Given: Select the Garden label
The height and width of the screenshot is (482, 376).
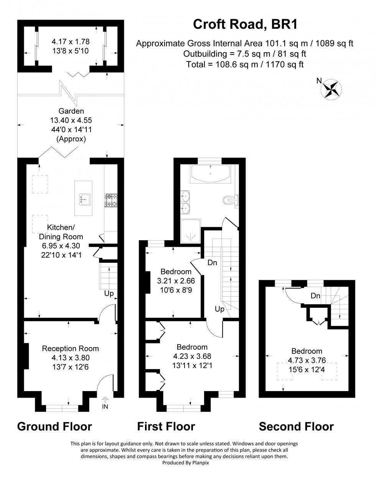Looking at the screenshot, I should pos(71,111).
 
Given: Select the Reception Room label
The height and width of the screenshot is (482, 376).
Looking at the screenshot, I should pos(70,348).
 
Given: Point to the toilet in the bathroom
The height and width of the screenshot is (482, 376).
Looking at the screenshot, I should pos(230,199).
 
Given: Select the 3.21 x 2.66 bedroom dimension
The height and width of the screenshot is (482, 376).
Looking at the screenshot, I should pos(176,281).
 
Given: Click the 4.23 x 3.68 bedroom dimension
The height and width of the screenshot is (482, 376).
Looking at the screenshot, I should pos(192,357).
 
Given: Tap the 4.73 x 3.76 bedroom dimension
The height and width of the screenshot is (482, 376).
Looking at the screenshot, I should pos(307,360).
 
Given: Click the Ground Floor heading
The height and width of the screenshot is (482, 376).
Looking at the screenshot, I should pos(54,426).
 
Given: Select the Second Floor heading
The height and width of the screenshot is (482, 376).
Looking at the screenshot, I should pos(296,426).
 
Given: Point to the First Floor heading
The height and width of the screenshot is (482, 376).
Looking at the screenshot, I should pos(166,426).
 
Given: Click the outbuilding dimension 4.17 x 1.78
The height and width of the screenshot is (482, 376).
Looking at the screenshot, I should pos(70,41).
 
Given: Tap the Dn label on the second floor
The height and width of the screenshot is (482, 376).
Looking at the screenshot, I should pos(315,296).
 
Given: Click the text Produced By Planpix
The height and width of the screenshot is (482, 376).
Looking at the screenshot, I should pos(184,463).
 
